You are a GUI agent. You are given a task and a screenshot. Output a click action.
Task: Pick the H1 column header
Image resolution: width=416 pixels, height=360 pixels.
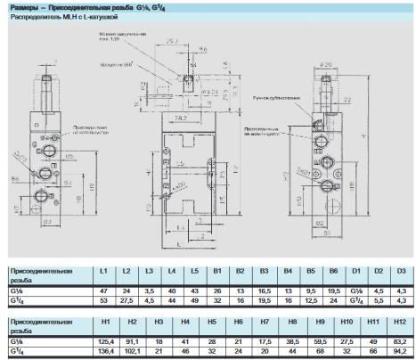coord(105,320)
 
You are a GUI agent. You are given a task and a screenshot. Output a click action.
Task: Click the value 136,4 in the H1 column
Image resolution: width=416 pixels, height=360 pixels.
coord(105,351)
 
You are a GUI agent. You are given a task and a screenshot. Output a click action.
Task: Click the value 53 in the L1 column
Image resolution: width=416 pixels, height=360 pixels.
coord(104,301)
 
